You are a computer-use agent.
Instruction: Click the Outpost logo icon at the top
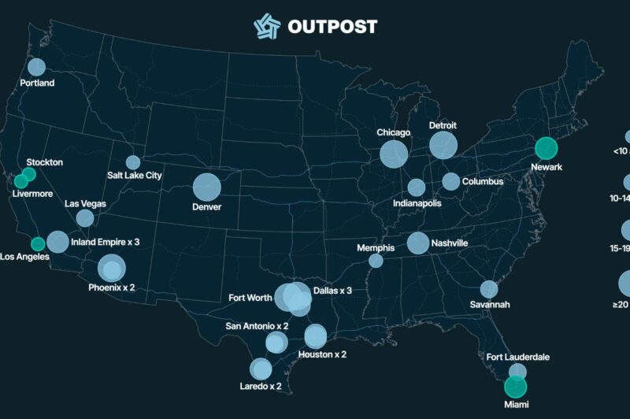[x=267, y=25]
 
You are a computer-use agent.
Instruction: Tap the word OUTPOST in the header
[x=332, y=26]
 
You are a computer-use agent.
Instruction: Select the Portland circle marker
[x=36, y=67]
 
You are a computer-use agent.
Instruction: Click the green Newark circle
[x=546, y=147]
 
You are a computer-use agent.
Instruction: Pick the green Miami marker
[x=514, y=386]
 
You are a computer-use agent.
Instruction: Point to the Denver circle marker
[x=207, y=187]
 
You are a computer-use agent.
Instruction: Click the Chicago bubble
[x=394, y=153]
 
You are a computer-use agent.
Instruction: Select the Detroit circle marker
[x=443, y=145]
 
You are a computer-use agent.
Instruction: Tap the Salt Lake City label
[x=135, y=176]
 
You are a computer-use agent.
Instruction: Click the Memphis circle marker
[x=376, y=261]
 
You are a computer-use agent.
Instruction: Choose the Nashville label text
[x=449, y=243]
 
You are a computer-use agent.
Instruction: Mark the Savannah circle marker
[x=489, y=289]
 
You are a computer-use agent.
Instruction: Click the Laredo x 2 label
[x=260, y=386]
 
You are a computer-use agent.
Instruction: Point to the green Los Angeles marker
[x=37, y=243]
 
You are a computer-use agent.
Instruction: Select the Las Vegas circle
[x=84, y=218]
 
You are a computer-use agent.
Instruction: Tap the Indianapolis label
[x=417, y=203]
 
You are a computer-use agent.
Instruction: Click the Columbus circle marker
[x=450, y=181]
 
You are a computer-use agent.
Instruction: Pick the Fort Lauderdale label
[x=517, y=358]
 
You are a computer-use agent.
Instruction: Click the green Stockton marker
[x=29, y=173]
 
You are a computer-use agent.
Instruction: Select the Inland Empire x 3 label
[x=105, y=242]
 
